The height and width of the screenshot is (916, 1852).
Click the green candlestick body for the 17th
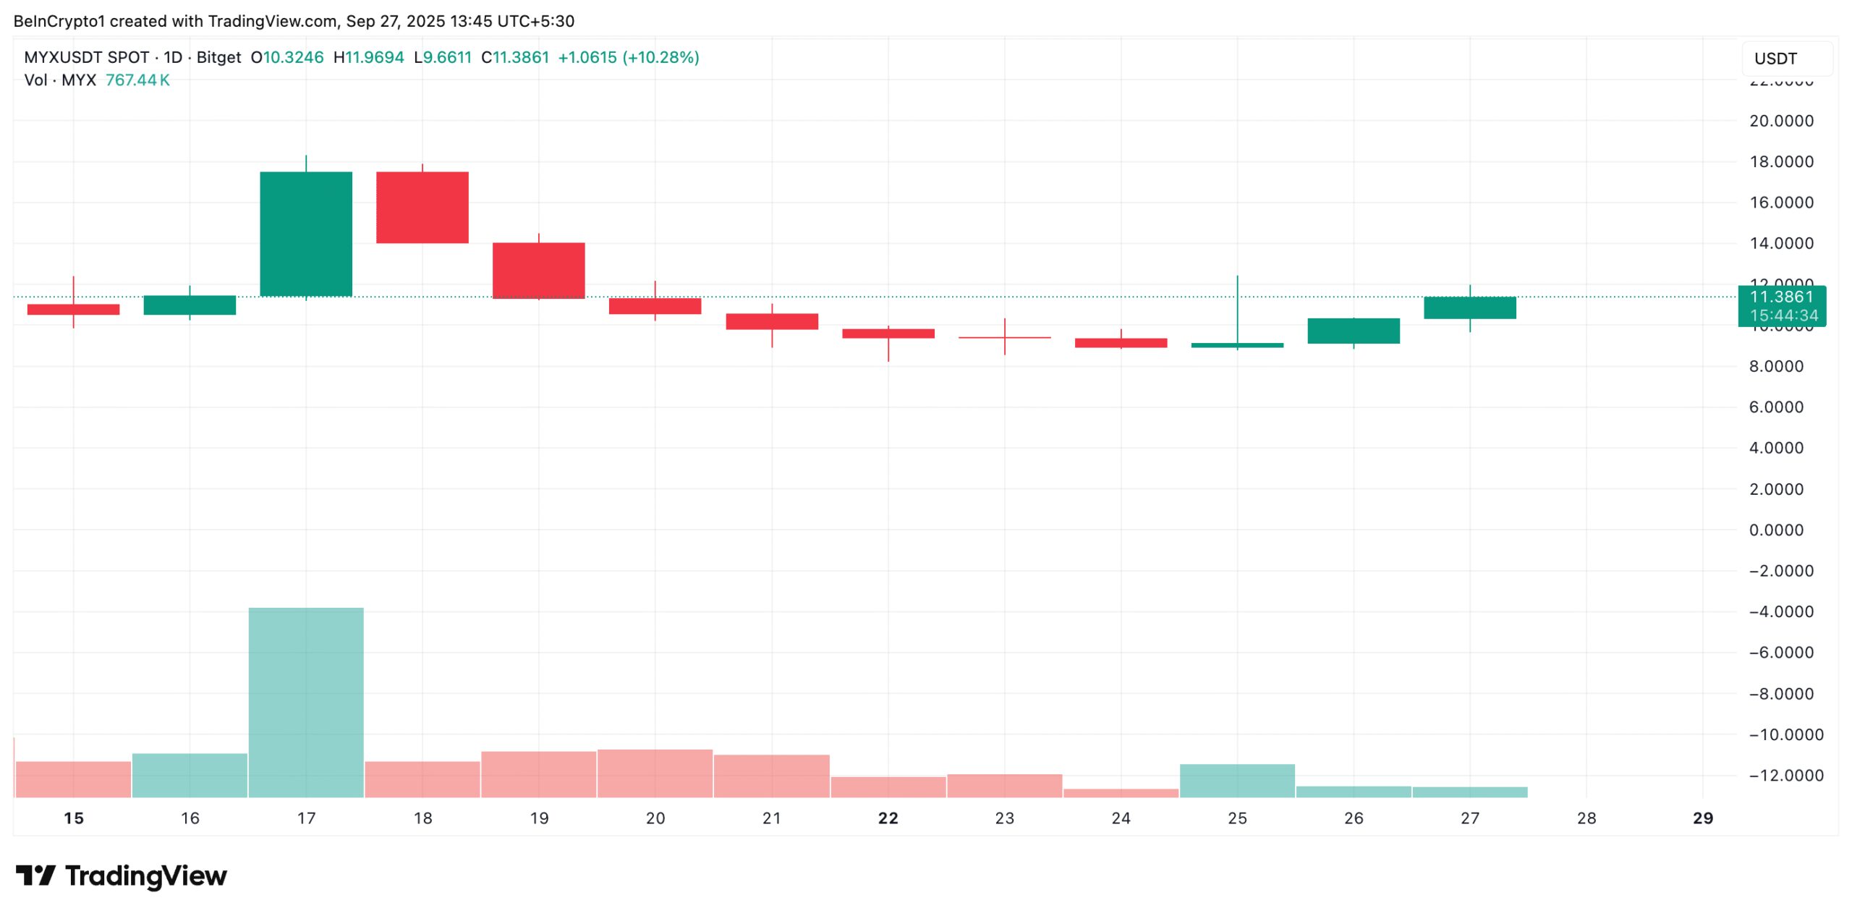tap(306, 234)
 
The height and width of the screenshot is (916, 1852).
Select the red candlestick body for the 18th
tap(422, 207)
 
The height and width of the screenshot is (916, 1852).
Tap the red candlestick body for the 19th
tap(539, 270)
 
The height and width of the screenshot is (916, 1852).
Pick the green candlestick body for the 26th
tap(1354, 331)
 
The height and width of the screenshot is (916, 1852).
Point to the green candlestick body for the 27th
tap(1470, 308)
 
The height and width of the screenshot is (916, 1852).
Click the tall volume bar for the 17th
tap(306, 702)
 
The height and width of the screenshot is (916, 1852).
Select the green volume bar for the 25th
tap(1237, 781)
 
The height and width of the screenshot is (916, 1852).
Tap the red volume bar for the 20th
tap(655, 773)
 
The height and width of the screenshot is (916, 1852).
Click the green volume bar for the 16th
tap(190, 776)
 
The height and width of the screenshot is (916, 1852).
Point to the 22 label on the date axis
tap(888, 818)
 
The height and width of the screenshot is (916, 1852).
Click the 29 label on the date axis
tap(1703, 818)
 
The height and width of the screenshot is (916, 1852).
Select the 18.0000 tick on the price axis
tap(1781, 161)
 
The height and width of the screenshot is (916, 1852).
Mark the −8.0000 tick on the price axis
tap(1781, 694)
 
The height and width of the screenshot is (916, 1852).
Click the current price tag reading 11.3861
tap(1781, 297)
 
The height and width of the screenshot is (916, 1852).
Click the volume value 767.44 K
tap(137, 80)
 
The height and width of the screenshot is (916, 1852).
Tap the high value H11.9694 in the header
tap(368, 57)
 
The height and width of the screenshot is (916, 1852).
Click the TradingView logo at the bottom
tap(122, 875)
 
